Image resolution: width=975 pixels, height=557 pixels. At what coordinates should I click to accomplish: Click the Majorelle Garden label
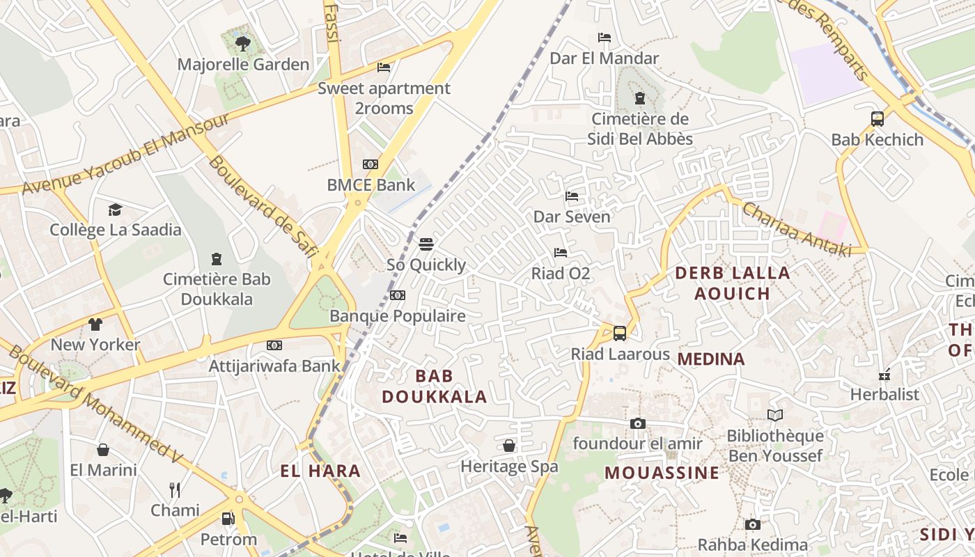point(243,65)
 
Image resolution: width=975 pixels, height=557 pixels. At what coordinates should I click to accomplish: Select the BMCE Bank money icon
point(370,164)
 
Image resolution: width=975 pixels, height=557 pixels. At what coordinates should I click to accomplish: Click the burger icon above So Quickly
point(426,244)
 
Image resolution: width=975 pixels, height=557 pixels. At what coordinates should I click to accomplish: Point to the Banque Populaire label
point(397,316)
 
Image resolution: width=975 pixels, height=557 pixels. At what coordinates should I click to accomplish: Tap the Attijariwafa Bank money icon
point(274,345)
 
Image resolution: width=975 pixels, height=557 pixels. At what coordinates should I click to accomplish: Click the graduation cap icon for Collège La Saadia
point(115,210)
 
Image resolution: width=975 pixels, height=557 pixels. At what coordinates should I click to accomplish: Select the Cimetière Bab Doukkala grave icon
point(216,259)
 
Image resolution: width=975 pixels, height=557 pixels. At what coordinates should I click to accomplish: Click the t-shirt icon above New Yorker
point(95,324)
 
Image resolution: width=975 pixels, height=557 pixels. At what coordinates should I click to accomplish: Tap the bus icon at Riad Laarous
point(620,334)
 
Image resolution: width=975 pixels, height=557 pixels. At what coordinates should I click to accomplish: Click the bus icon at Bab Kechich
point(877,119)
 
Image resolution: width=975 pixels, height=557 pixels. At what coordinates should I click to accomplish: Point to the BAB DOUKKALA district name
point(435,386)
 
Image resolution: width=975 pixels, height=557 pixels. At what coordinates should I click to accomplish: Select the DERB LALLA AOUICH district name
point(733,283)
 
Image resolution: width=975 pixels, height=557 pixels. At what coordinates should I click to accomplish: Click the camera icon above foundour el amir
point(637,423)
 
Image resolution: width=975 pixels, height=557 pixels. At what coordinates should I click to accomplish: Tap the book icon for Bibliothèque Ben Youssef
point(775,416)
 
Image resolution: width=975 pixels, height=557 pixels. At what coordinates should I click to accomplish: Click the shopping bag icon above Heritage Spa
point(509,446)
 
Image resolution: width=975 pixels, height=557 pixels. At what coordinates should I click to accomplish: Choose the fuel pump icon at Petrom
point(228,519)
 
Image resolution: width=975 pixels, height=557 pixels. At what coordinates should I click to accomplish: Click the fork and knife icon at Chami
point(175,490)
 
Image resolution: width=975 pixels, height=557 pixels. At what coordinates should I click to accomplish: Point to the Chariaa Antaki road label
point(796,229)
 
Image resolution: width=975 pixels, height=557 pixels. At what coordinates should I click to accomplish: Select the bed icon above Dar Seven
point(572,196)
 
